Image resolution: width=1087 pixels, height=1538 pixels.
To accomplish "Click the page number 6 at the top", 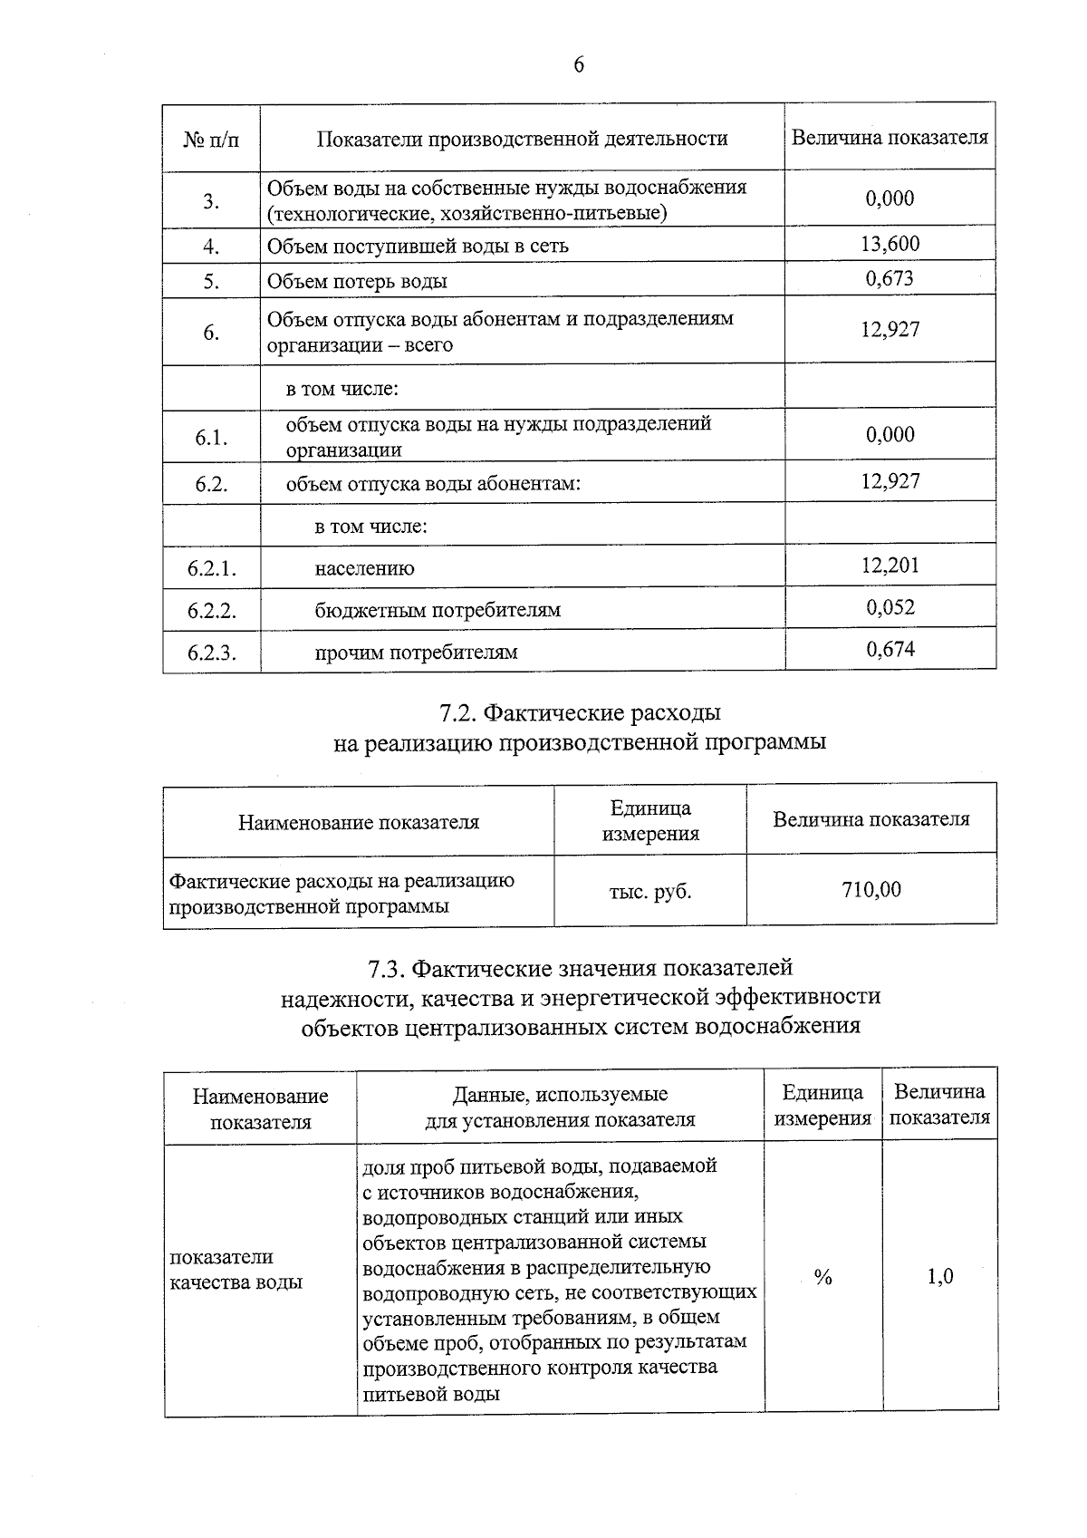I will pyautogui.click(x=579, y=65).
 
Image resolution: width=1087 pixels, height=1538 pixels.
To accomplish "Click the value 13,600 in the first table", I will pyautogui.click(x=890, y=244).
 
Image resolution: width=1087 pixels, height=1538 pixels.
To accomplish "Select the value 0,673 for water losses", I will pyautogui.click(x=890, y=279).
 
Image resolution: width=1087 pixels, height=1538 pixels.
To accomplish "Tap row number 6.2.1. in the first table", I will pyautogui.click(x=212, y=569).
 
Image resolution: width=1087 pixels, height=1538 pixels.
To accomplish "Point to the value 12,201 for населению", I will pyautogui.click(x=890, y=566).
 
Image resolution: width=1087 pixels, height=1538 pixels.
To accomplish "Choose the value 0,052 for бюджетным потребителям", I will pyautogui.click(x=890, y=607).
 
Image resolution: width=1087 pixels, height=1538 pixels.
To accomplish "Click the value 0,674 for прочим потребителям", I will pyautogui.click(x=890, y=649).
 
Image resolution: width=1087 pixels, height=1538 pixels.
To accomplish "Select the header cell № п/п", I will pyautogui.click(x=211, y=140).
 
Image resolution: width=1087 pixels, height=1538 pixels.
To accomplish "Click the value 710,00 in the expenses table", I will pyautogui.click(x=871, y=890).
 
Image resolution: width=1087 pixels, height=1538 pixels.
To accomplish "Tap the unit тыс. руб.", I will pyautogui.click(x=649, y=892).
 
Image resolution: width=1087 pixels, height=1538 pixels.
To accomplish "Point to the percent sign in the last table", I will pyautogui.click(x=822, y=1278).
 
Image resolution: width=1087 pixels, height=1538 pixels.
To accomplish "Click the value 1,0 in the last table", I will pyautogui.click(x=939, y=1277).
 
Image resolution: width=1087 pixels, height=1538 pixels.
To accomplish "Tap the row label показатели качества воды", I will pyautogui.click(x=236, y=1270).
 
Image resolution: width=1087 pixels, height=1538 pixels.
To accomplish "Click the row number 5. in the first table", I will pyautogui.click(x=211, y=282).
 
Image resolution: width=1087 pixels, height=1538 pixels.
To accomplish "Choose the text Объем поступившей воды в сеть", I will pyautogui.click(x=418, y=247).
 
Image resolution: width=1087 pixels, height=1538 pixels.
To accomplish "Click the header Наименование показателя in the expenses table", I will pyautogui.click(x=358, y=823).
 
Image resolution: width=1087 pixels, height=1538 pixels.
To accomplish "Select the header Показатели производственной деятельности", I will pyautogui.click(x=522, y=139).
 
